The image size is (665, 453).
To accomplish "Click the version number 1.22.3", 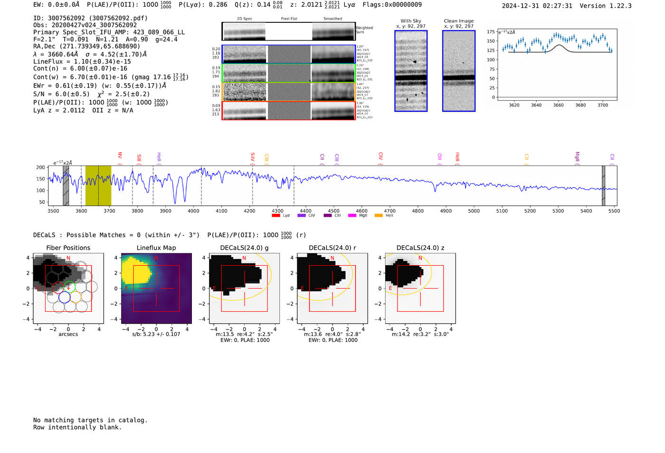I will click(x=617, y=6).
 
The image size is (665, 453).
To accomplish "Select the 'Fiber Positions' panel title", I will click(x=68, y=248).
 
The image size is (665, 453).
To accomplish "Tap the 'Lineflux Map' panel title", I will click(x=156, y=248).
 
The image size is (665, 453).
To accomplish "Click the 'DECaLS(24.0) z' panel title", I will click(x=420, y=248).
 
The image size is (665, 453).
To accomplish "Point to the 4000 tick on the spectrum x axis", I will click(x=193, y=211).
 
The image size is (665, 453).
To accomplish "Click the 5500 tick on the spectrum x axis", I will click(x=614, y=211).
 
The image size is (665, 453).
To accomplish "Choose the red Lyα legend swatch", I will click(x=275, y=215).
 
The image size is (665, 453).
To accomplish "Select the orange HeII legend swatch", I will click(x=379, y=215).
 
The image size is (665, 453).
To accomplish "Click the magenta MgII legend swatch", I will click(x=352, y=215).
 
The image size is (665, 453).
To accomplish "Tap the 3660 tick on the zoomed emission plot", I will click(x=558, y=105).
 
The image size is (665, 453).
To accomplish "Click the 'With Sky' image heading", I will click(x=411, y=21).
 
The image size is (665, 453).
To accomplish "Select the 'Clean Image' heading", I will click(x=458, y=21).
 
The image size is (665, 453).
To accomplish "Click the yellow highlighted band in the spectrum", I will click(x=98, y=185).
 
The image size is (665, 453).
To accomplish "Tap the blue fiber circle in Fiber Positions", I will click(x=64, y=297).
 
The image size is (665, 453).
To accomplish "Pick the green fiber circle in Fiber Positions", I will click(x=69, y=287).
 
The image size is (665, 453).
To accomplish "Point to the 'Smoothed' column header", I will click(x=332, y=19).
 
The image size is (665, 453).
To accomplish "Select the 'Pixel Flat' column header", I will click(x=289, y=19).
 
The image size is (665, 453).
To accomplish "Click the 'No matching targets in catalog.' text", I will click(x=90, y=420).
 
